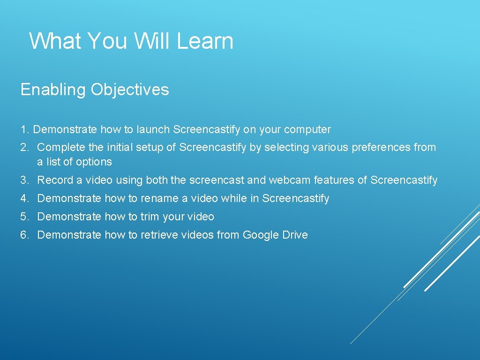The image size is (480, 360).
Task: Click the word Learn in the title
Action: [205, 41]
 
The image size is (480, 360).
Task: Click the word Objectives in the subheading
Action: [130, 90]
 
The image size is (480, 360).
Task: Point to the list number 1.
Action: [24, 129]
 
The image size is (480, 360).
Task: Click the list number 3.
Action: [24, 180]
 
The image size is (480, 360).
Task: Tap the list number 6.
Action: [24, 235]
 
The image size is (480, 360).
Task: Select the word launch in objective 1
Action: [153, 129]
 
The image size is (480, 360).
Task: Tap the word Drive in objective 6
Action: [295, 235]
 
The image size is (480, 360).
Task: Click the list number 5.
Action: [24, 217]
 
